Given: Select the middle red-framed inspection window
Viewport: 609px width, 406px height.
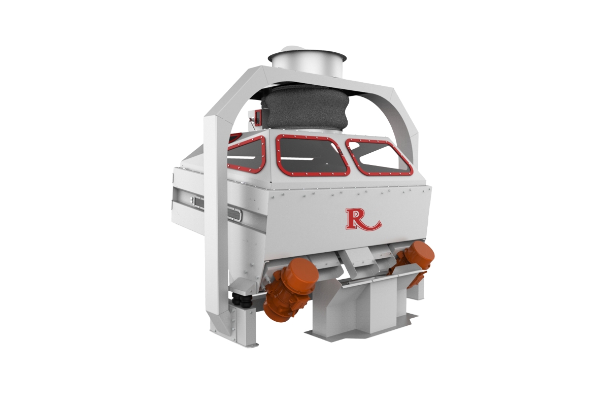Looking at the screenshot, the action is [312, 158].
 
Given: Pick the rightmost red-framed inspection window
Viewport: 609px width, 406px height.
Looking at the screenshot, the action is [380, 156].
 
